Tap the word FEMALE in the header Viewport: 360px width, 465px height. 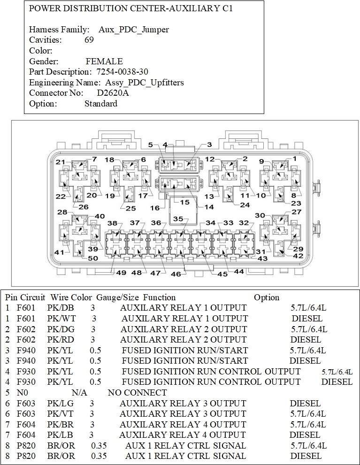tap(104, 61)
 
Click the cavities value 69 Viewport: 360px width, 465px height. tap(89, 40)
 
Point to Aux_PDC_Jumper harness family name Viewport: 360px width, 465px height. tap(134, 30)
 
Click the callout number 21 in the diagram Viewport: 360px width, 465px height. tap(61, 162)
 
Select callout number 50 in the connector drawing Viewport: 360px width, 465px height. tap(93, 258)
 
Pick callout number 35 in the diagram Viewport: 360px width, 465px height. tap(178, 219)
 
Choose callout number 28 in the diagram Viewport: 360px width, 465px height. tap(62, 212)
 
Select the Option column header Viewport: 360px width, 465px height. tap(266, 297)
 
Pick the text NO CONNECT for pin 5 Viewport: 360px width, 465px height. tap(137, 392)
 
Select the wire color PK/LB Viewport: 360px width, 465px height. tap(58, 435)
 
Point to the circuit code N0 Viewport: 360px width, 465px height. tap(22, 392)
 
